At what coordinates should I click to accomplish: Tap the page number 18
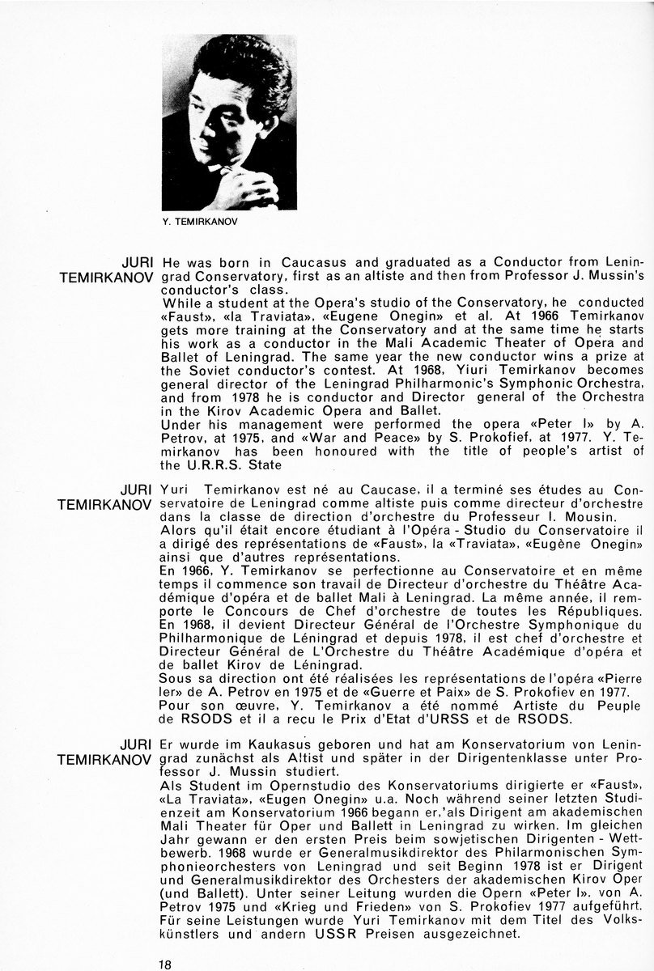click(x=165, y=963)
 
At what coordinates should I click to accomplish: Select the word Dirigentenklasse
click(x=505, y=758)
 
